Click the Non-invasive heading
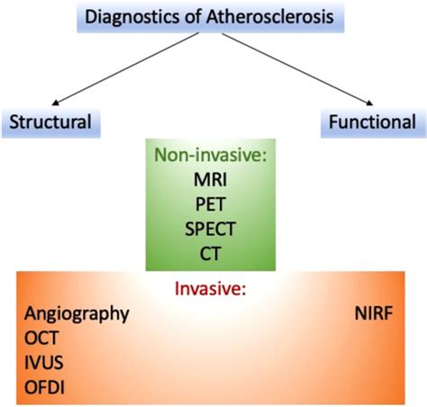(x=209, y=155)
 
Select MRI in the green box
(x=209, y=179)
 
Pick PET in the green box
(x=209, y=203)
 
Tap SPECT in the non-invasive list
(x=209, y=228)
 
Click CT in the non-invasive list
(x=209, y=252)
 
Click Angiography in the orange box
(x=77, y=313)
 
